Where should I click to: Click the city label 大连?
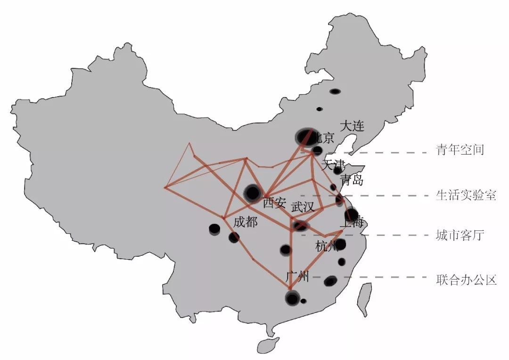click(352, 126)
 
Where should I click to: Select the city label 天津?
click(333, 165)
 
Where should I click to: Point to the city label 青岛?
click(352, 180)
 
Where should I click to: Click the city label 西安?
click(274, 203)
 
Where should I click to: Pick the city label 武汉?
click(303, 207)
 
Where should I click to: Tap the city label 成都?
click(245, 222)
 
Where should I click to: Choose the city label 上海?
click(352, 223)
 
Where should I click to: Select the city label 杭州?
click(327, 246)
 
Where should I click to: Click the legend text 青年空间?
click(460, 150)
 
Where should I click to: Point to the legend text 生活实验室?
click(466, 196)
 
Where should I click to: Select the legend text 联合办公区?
click(466, 280)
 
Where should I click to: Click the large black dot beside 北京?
click(305, 137)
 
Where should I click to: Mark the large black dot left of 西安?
click(252, 192)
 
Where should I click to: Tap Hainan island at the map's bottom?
click(268, 346)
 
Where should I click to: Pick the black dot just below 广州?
click(292, 298)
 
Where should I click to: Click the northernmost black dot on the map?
click(335, 91)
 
